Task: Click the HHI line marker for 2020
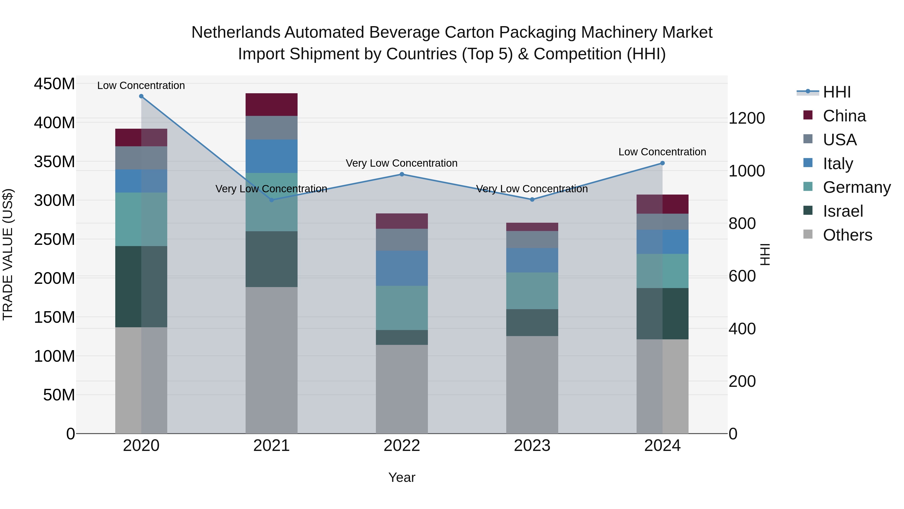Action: (x=141, y=96)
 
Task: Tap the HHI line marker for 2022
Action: (x=402, y=174)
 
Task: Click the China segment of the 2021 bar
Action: (x=271, y=105)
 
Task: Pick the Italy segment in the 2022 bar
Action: (x=402, y=268)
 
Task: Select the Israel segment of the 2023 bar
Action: (x=532, y=322)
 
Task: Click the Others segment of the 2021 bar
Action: (x=271, y=360)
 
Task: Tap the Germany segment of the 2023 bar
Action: (x=532, y=291)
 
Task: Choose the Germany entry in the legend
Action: (x=856, y=187)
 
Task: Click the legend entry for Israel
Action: (x=842, y=211)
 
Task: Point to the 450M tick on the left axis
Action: (x=54, y=84)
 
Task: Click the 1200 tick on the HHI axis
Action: (x=747, y=118)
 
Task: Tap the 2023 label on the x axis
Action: (x=532, y=446)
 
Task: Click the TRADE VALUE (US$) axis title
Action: (x=8, y=255)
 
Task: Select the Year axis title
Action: (x=402, y=477)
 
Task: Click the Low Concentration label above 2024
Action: (x=662, y=152)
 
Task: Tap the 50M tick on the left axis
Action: (x=59, y=395)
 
